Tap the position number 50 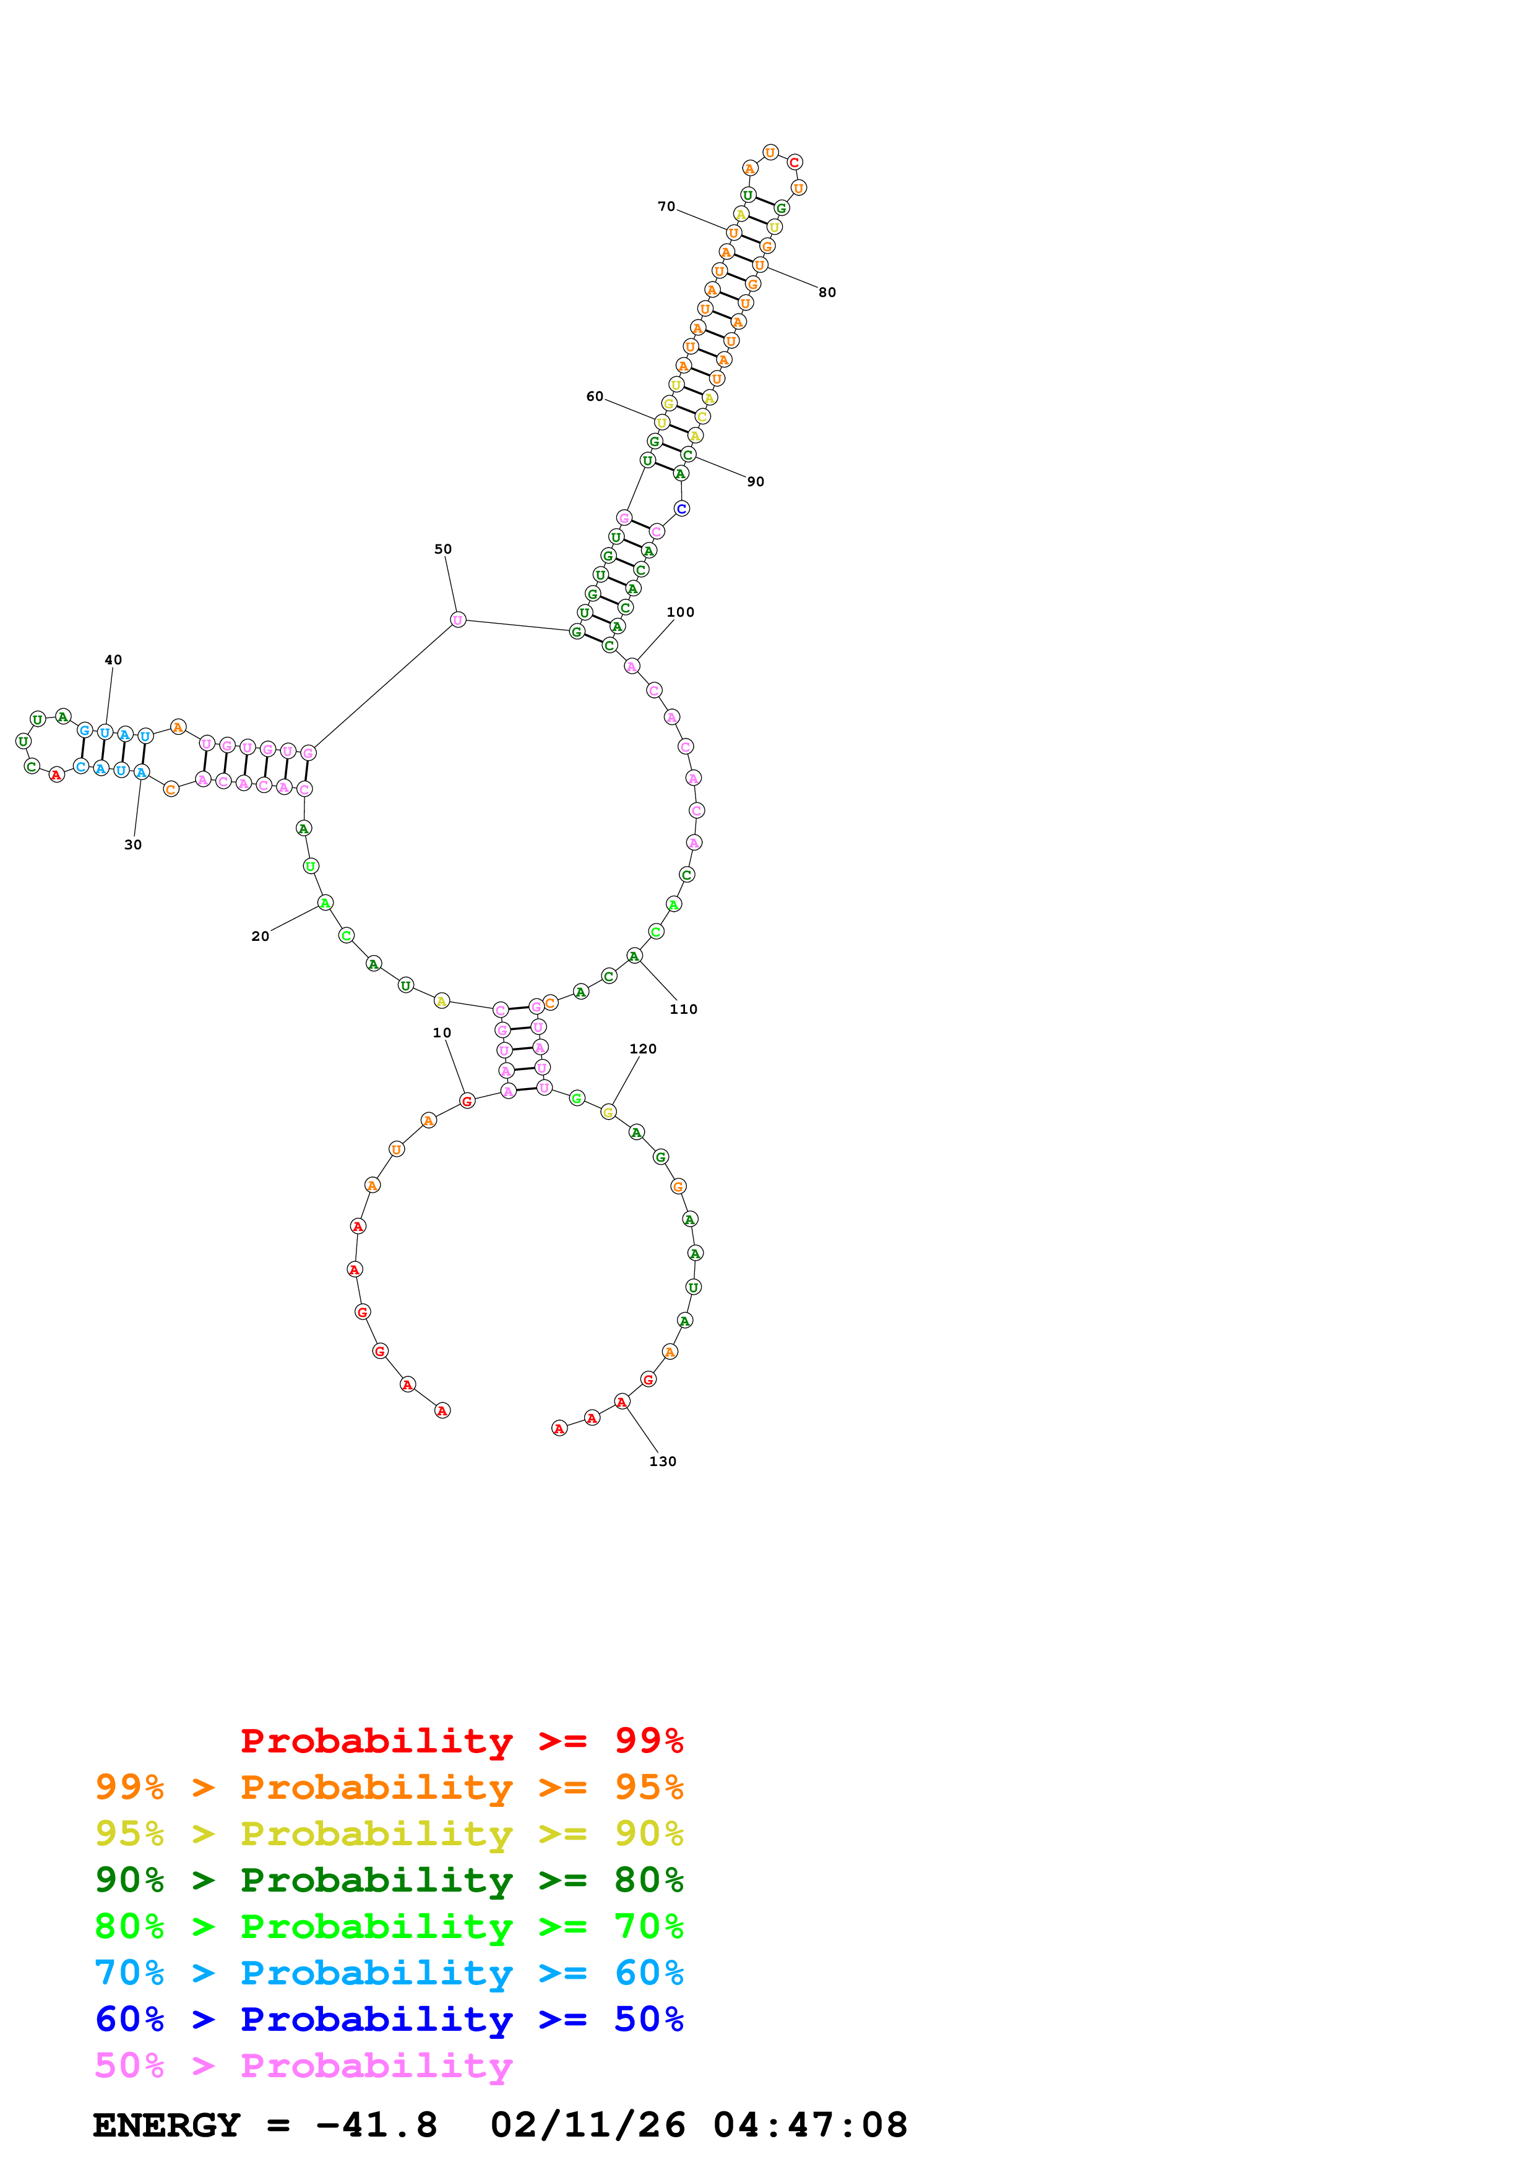click(x=442, y=549)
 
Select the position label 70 click(x=666, y=206)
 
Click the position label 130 click(x=663, y=1461)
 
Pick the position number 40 click(x=113, y=659)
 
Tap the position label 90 click(x=755, y=481)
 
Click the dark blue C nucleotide click(x=681, y=508)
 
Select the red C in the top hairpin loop click(x=794, y=163)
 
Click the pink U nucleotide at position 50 click(x=457, y=620)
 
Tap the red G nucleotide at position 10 click(x=467, y=1101)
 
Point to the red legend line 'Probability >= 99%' click(x=461, y=1740)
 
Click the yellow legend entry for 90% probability click(x=389, y=1833)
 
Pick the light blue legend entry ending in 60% click(x=389, y=1973)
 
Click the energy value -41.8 click(x=376, y=2125)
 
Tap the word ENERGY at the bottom click(x=166, y=2125)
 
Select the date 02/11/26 click(x=588, y=2125)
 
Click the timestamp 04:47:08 click(x=810, y=2125)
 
